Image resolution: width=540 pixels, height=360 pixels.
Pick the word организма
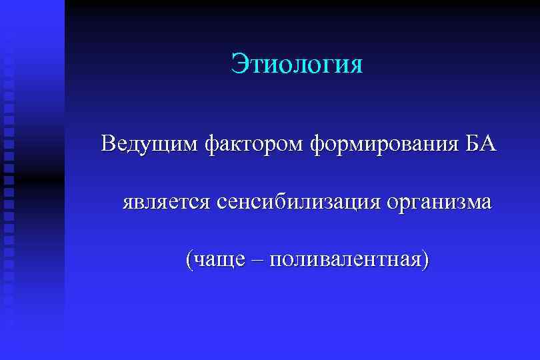[x=438, y=201]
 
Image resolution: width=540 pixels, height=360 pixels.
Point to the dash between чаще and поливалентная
[x=257, y=260]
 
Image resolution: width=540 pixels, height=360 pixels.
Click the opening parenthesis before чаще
[x=190, y=259]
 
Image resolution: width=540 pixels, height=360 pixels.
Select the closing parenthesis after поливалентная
[x=425, y=259]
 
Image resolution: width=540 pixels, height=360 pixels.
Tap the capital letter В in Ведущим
[x=109, y=143]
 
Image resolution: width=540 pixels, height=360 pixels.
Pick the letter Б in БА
[x=471, y=143]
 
